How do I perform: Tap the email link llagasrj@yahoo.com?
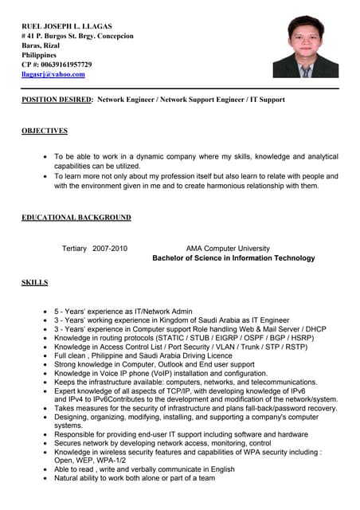[x=53, y=74]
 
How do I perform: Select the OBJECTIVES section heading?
[x=45, y=131]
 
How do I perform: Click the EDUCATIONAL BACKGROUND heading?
[x=76, y=217]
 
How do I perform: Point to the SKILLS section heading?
[x=34, y=282]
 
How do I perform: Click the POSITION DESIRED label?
[x=57, y=100]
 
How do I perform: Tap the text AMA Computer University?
[x=228, y=249]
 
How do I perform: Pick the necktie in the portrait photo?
[x=306, y=70]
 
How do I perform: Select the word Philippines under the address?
[x=39, y=55]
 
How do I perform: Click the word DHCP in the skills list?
[x=315, y=328]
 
